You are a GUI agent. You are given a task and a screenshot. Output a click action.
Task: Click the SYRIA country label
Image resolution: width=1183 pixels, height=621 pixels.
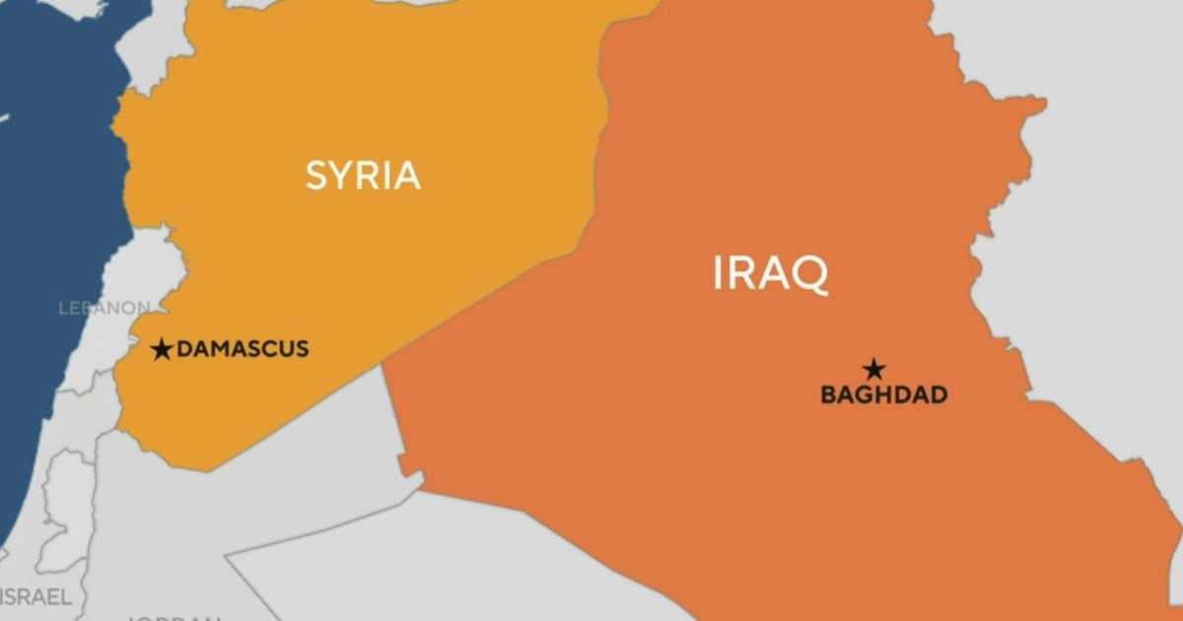click(x=363, y=175)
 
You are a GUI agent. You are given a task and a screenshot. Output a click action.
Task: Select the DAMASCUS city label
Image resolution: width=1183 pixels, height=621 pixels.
click(x=243, y=348)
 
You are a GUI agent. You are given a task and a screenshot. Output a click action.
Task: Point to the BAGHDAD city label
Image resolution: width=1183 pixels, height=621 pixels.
click(x=883, y=395)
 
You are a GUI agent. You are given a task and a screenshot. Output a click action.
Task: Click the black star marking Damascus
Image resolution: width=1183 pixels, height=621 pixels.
click(x=163, y=349)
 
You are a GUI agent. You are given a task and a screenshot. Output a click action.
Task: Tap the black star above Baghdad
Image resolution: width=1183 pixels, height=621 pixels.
click(x=873, y=371)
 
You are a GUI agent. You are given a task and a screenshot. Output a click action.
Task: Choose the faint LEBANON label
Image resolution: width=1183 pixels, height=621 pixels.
click(x=104, y=308)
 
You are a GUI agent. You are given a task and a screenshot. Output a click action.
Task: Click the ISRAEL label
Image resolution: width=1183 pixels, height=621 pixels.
click(x=36, y=596)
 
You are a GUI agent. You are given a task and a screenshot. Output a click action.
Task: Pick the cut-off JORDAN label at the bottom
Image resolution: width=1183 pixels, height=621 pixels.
click(x=174, y=617)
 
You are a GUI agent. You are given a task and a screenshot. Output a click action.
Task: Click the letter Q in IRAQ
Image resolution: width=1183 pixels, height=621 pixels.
click(x=809, y=275)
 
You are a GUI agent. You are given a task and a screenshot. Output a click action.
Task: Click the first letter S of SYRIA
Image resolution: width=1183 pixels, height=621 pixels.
click(x=316, y=175)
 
